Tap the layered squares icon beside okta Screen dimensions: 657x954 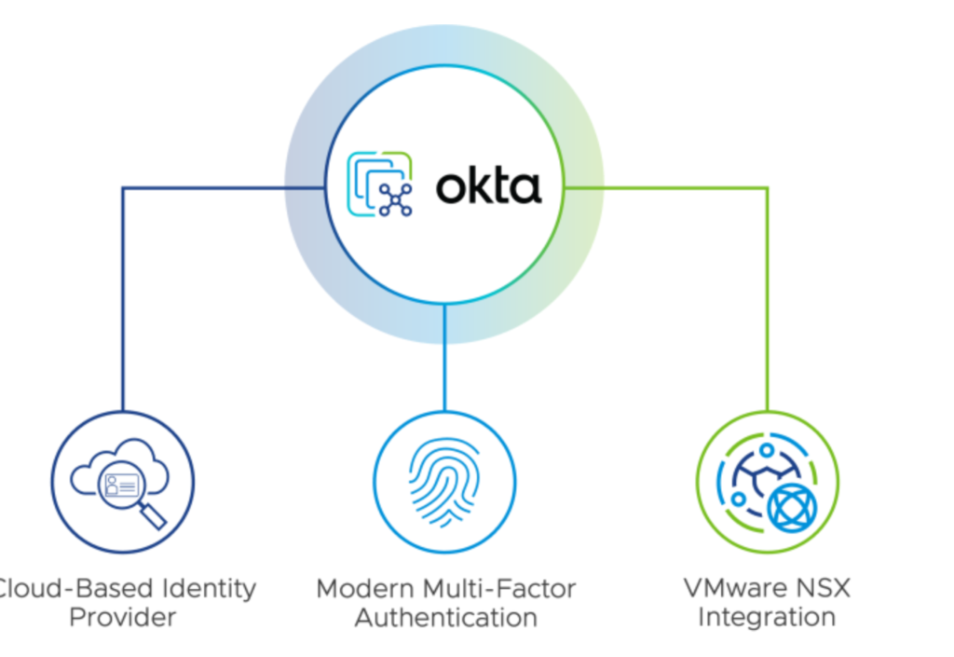tap(380, 184)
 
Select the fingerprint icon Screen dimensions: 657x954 tap(444, 481)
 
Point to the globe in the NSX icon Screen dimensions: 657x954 tap(791, 506)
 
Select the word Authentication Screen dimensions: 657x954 tap(445, 618)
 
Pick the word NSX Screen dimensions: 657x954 tap(820, 589)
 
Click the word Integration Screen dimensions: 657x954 tap(766, 618)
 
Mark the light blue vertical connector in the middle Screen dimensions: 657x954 tap(444, 359)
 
